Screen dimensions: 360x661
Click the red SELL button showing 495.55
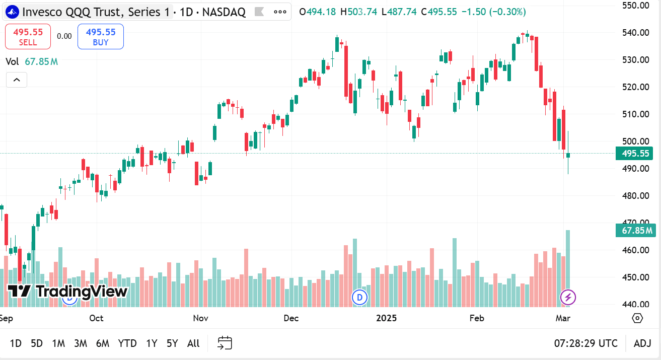[x=28, y=37]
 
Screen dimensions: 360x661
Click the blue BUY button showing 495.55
[x=101, y=37]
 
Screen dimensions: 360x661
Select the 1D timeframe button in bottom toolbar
[x=16, y=343]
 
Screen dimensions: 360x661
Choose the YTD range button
[x=127, y=343]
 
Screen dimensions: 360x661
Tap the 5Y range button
[x=172, y=343]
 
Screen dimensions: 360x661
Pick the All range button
[x=193, y=343]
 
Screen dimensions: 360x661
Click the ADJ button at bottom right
[x=642, y=343]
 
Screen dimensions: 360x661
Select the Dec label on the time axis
[x=291, y=318]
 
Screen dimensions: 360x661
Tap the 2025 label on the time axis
[x=387, y=318]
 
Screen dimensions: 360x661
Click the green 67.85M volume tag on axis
[x=635, y=231]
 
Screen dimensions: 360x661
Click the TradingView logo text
[x=68, y=291]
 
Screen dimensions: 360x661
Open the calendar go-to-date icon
[x=225, y=343]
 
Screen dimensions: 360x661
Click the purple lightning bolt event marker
[x=568, y=298]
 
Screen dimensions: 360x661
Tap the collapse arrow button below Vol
[x=17, y=80]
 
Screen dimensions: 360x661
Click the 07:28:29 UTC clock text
[x=585, y=343]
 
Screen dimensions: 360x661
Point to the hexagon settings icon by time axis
[x=637, y=318]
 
